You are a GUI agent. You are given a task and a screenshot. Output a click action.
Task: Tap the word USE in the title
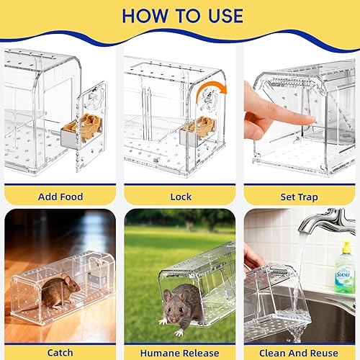[220, 17]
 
